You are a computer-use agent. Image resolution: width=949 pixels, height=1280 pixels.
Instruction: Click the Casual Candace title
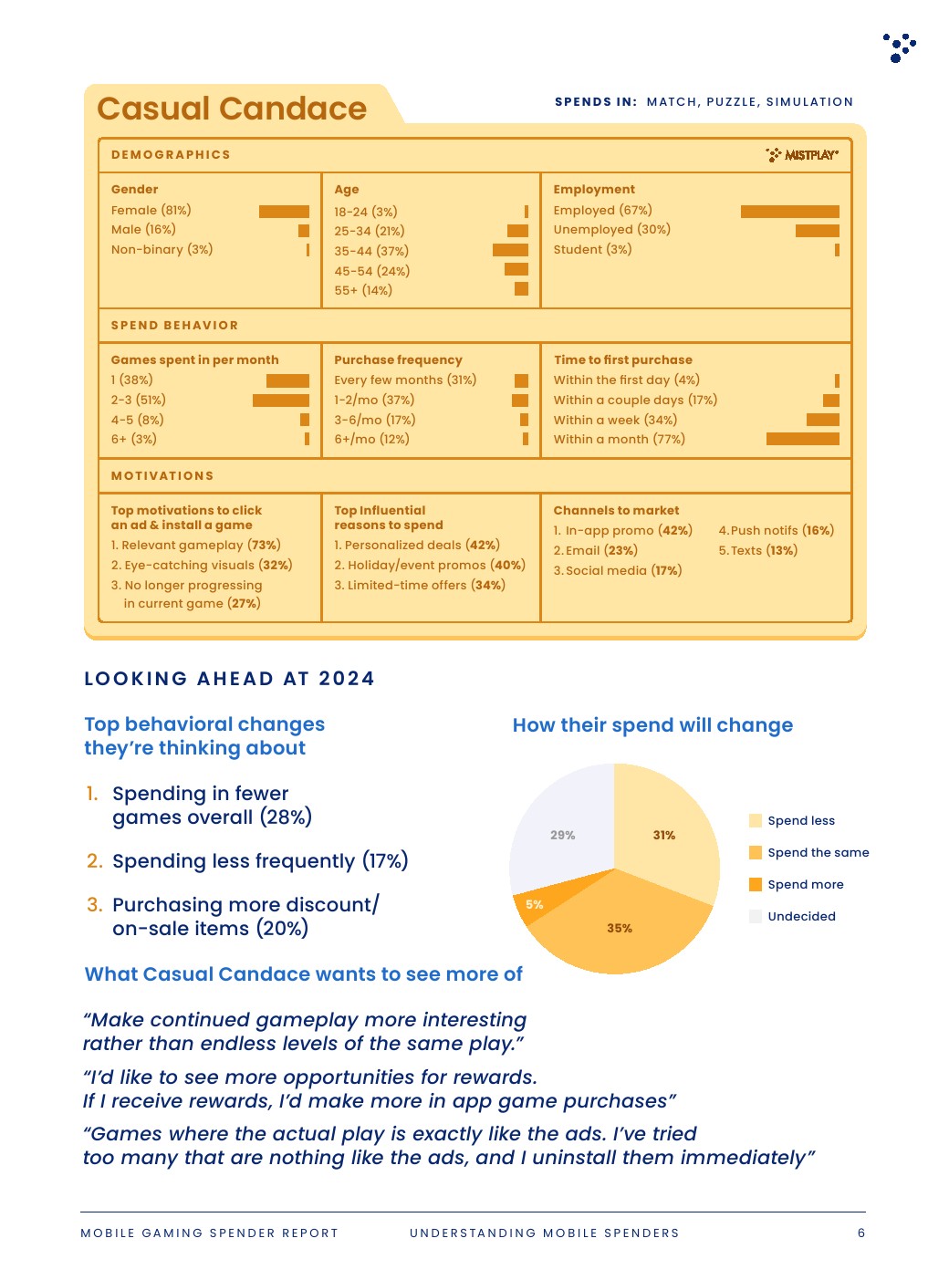[232, 109]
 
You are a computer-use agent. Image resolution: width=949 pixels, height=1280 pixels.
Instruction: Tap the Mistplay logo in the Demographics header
[802, 155]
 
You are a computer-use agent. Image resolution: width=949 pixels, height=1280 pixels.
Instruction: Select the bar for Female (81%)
[284, 212]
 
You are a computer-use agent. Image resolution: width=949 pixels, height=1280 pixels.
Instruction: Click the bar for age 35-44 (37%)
[510, 250]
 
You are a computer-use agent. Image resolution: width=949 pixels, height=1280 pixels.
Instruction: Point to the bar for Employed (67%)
[789, 212]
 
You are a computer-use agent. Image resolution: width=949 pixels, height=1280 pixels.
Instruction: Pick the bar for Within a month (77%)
[802, 439]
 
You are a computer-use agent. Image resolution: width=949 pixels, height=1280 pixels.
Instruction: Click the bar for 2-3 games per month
[281, 400]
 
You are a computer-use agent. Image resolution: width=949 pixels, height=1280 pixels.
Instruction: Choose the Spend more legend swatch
[756, 884]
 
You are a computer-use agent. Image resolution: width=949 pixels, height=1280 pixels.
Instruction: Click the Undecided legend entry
[800, 916]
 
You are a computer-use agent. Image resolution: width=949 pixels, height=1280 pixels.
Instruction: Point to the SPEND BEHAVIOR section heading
[174, 326]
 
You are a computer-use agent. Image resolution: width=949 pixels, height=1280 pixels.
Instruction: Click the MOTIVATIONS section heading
[162, 476]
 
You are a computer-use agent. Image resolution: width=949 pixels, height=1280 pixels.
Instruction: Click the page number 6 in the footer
[861, 1233]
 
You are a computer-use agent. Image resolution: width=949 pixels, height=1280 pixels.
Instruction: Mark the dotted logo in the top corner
[899, 47]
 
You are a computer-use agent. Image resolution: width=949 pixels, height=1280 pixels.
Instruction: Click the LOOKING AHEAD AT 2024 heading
[229, 679]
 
